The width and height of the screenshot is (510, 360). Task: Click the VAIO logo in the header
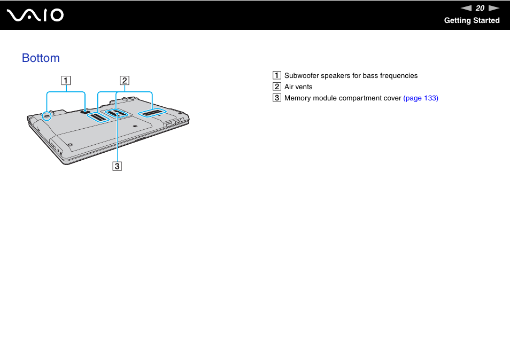pos(35,15)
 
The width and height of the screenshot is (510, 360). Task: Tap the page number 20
pos(480,8)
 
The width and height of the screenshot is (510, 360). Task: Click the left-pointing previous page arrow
pos(466,8)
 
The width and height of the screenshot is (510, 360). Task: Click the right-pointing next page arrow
pos(493,8)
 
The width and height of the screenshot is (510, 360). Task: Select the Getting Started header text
pos(472,20)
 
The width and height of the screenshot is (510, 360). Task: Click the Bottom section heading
pos(41,58)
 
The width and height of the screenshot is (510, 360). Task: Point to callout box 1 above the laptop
pos(65,81)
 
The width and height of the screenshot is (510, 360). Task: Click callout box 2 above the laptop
pos(124,81)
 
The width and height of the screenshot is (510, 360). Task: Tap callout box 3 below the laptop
pos(117,166)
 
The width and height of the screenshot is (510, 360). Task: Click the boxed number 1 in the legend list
pos(276,75)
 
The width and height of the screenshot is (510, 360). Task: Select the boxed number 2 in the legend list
pos(276,87)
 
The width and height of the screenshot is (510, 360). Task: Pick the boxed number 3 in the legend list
pos(276,98)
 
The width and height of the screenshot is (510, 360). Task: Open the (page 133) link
pos(421,98)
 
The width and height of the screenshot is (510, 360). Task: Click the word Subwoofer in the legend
pos(302,75)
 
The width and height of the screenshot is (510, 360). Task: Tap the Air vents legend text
pos(298,87)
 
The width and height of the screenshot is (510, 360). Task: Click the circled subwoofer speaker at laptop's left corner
pos(46,115)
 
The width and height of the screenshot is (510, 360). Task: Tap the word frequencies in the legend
pos(398,75)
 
